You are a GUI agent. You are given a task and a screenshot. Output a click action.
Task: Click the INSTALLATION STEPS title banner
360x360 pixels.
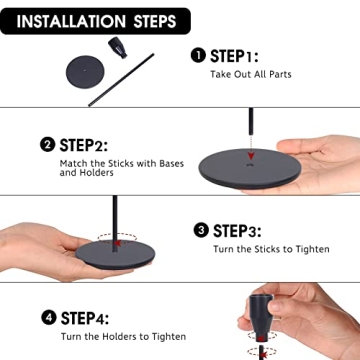[95, 21]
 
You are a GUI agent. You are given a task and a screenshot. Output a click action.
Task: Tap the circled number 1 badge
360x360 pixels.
[198, 55]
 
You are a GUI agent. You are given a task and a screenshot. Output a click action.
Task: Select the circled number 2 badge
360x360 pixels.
[47, 145]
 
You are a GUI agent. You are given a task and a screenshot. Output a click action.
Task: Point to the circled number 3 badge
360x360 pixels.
[201, 230]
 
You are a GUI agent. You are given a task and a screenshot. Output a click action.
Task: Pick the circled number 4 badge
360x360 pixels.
[49, 317]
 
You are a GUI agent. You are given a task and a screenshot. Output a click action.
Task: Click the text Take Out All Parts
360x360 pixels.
[251, 74]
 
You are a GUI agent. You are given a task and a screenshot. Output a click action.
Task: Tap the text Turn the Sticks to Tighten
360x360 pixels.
[271, 249]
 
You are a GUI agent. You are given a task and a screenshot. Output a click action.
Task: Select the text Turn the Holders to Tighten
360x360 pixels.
[123, 336]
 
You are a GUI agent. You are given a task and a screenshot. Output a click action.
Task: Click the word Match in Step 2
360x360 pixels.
[73, 164]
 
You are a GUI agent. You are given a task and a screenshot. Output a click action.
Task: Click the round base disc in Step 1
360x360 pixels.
[85, 72]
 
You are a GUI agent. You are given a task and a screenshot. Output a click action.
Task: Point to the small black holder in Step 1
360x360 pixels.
[118, 48]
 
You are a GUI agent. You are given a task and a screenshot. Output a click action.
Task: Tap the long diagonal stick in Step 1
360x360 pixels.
[121, 80]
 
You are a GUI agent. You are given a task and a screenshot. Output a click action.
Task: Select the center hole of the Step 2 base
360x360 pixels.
[249, 165]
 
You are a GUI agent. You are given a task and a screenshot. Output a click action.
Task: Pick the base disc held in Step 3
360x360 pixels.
[115, 253]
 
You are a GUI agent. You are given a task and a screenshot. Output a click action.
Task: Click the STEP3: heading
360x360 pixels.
[237, 231]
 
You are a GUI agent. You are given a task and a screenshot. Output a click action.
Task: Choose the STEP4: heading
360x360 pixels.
[85, 318]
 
